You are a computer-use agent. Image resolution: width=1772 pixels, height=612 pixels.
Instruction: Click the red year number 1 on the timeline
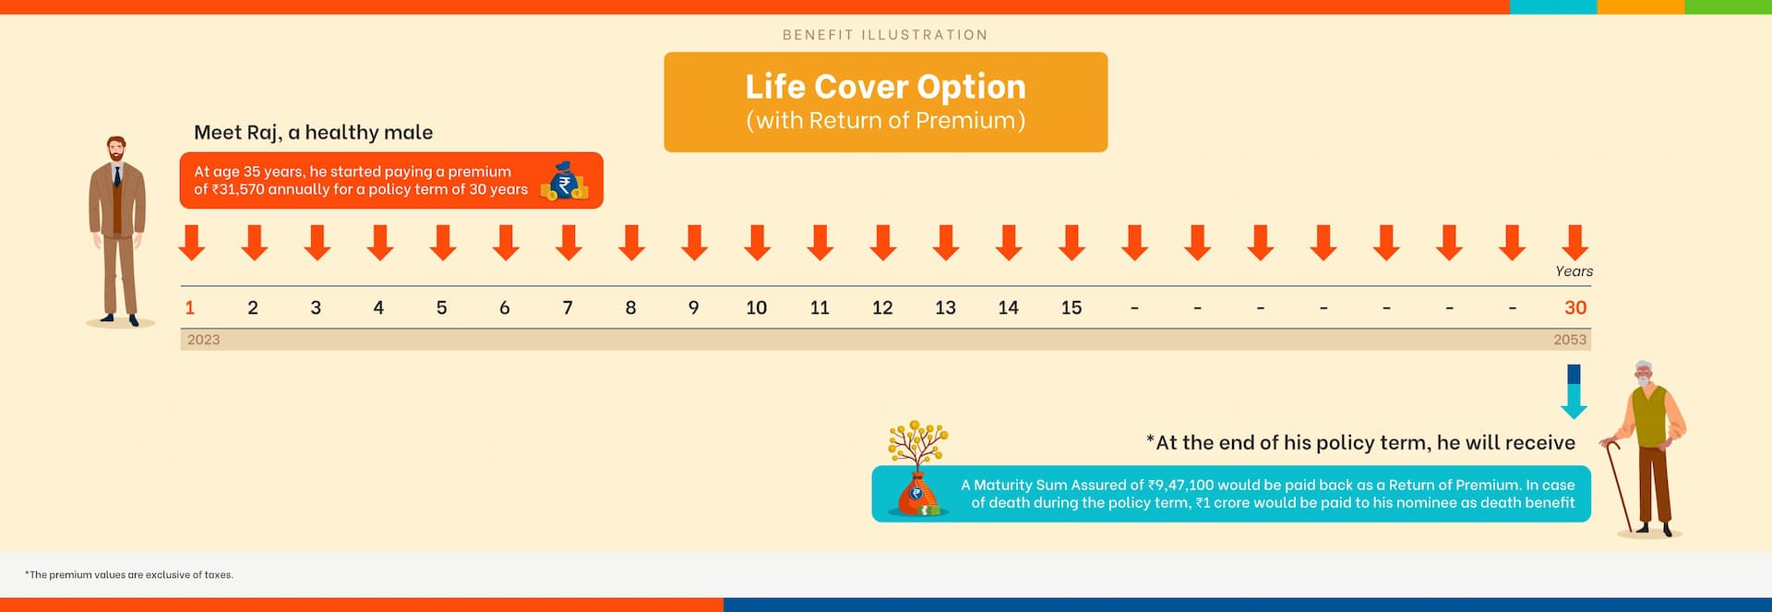click(189, 308)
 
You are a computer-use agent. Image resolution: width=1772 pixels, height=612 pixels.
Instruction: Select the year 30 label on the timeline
click(1575, 308)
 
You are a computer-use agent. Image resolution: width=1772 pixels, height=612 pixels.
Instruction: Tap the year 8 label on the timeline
click(630, 308)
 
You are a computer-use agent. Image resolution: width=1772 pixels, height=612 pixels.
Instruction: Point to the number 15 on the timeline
click(1072, 308)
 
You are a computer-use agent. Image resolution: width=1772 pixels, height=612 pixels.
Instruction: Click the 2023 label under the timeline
click(204, 340)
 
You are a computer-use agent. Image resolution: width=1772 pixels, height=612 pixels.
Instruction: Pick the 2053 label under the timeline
click(1570, 340)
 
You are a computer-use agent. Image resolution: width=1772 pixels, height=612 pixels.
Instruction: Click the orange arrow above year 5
click(443, 243)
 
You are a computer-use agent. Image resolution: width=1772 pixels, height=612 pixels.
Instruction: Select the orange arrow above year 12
click(883, 243)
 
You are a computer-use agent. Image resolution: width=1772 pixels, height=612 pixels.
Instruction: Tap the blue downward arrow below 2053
click(1574, 391)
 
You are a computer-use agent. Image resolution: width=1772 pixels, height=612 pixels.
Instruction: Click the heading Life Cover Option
click(886, 87)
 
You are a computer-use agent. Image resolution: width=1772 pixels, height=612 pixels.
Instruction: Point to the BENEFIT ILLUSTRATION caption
click(885, 35)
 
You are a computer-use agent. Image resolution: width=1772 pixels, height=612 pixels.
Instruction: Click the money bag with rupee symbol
click(564, 181)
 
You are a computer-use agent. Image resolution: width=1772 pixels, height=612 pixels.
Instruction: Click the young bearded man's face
click(116, 150)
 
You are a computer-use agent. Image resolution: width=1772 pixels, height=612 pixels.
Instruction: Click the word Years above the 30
click(1574, 271)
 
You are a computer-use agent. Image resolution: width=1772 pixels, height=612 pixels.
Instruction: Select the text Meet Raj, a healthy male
click(313, 133)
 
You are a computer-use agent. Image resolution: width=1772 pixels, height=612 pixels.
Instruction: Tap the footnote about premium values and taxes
click(129, 575)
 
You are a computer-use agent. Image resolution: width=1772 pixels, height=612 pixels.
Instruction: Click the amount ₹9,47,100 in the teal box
click(1181, 486)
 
